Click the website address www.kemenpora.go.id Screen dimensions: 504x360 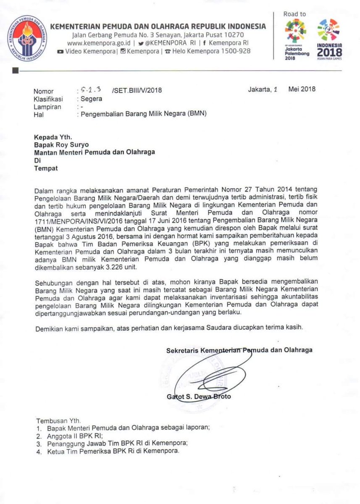[95, 43]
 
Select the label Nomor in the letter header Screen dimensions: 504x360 [43, 91]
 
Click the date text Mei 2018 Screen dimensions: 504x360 [302, 89]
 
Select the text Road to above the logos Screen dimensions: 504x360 [294, 14]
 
